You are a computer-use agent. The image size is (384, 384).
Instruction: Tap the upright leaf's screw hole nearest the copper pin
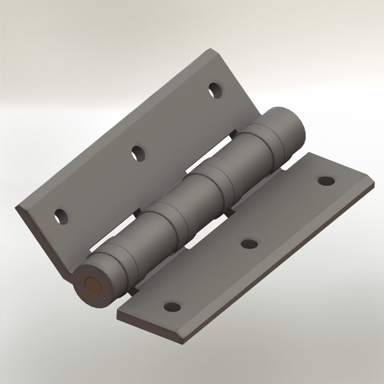(x=61, y=217)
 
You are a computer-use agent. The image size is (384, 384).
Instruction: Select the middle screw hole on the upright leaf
(x=138, y=154)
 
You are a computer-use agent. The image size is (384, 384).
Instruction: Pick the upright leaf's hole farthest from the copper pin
(x=215, y=90)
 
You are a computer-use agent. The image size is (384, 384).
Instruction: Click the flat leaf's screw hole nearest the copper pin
(x=172, y=306)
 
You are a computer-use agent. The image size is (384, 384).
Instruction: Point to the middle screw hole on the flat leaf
(x=249, y=244)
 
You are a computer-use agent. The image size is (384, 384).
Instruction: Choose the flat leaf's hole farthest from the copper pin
(x=326, y=181)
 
